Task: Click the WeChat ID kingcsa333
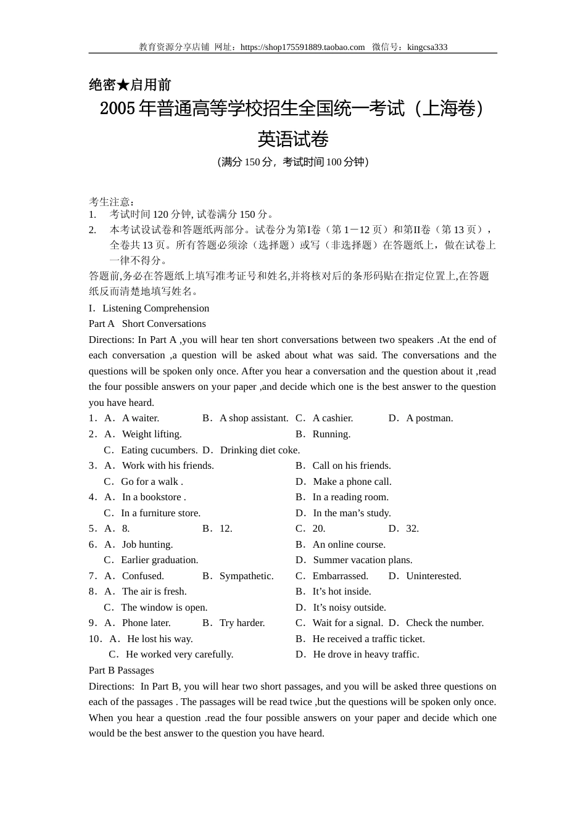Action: pyautogui.click(x=427, y=47)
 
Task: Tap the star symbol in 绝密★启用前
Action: pyautogui.click(x=123, y=85)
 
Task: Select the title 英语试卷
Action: pyautogui.click(x=293, y=139)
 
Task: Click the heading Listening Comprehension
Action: pyautogui.click(x=155, y=308)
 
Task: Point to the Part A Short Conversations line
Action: pyautogui.click(x=147, y=324)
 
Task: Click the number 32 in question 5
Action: pyautogui.click(x=412, y=529)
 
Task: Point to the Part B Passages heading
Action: pyautogui.click(x=122, y=670)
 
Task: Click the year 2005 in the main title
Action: pyautogui.click(x=117, y=109)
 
